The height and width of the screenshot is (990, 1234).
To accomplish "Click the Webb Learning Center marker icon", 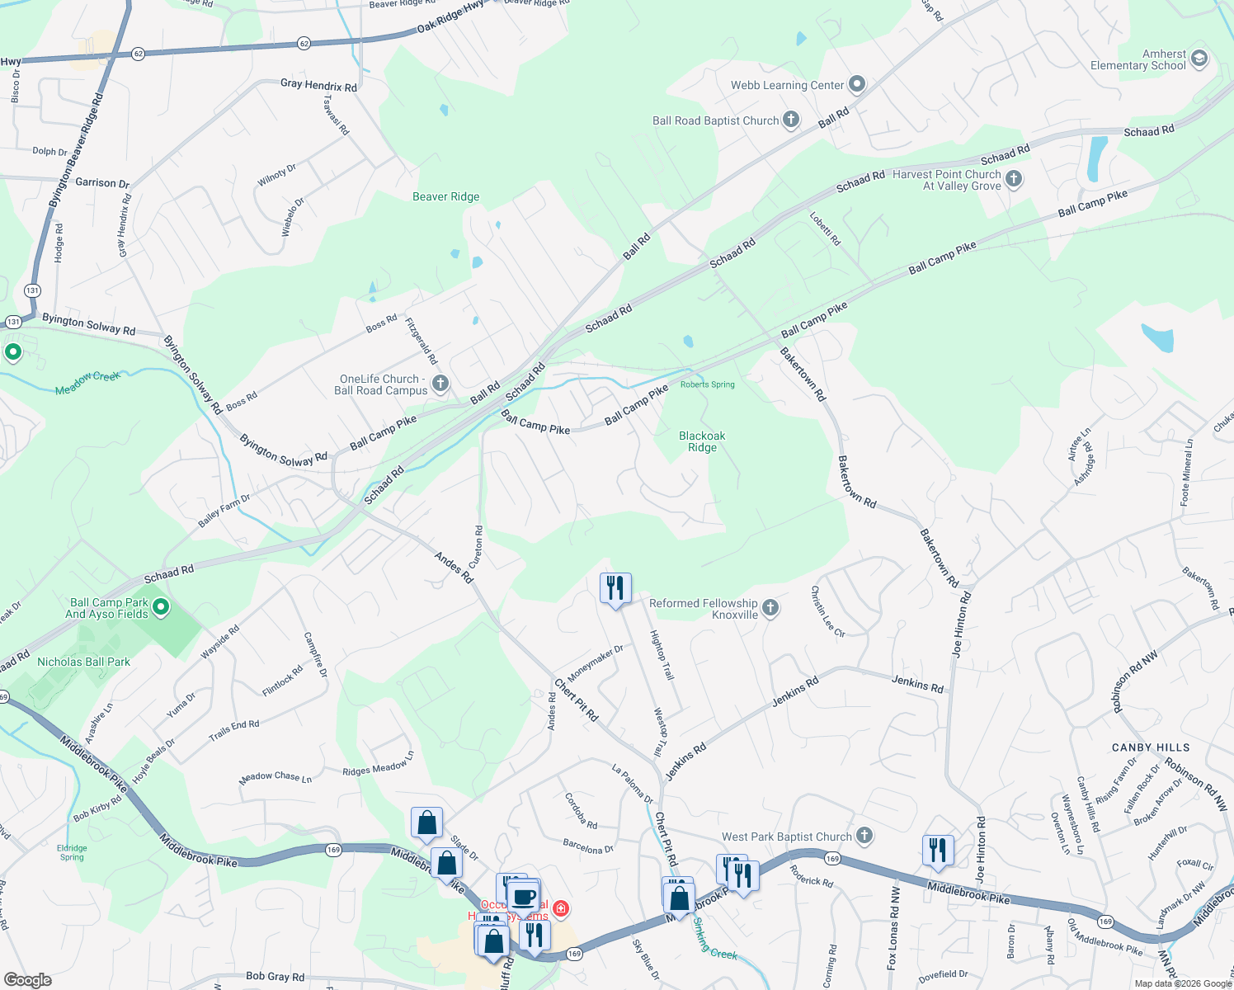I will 857,84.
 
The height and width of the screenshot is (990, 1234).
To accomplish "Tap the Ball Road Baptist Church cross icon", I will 790,120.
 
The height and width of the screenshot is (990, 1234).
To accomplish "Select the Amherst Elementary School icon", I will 1199,59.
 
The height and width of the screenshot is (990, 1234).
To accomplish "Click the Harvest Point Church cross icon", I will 1014,179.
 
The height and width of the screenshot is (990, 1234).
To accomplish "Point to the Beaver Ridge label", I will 445,196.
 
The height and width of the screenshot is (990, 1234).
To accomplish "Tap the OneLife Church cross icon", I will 440,384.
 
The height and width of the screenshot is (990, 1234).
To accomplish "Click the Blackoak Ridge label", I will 702,441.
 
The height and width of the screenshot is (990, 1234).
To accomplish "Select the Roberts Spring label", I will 707,384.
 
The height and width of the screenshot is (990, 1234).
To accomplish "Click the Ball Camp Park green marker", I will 161,608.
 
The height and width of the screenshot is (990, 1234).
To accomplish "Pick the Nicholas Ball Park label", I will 83,662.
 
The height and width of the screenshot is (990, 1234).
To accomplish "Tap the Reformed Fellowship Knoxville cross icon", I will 770,608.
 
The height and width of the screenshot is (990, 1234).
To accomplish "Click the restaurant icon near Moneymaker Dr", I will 615,588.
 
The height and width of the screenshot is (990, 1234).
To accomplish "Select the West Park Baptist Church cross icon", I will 864,836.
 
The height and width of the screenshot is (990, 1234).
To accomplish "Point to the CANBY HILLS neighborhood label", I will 1150,747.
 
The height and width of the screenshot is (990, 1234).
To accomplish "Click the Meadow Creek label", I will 87,383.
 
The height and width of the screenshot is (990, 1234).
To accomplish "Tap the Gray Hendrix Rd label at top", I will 318,85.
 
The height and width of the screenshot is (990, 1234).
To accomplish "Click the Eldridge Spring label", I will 72,852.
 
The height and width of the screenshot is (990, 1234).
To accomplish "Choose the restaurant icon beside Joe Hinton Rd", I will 938,850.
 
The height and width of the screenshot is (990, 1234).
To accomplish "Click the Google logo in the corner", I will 28,980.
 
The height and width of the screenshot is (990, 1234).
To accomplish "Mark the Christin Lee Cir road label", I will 827,611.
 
